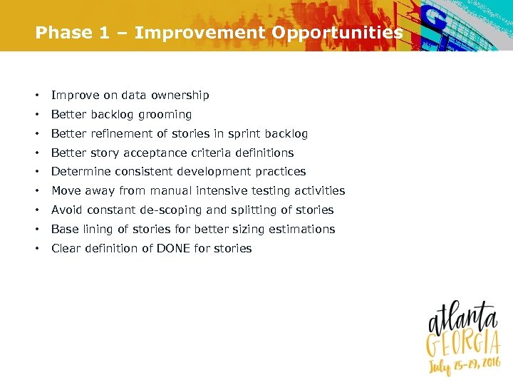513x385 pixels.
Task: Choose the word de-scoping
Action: pyautogui.click(x=167, y=210)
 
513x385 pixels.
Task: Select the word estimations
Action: pyautogui.click(x=301, y=230)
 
